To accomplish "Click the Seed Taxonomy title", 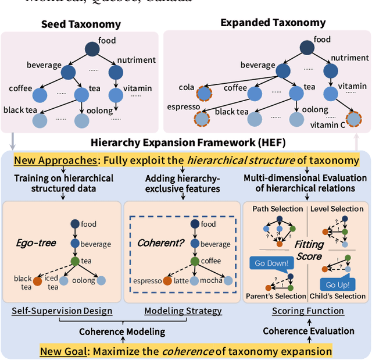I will coord(81,24).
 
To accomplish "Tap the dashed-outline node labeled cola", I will coord(203,94).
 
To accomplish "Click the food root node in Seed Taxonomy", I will coord(92,49).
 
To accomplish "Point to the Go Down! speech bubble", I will coord(271,263).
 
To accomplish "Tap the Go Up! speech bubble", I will coord(337,284).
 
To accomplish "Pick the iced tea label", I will coord(53,282).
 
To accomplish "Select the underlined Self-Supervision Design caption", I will coord(62,311).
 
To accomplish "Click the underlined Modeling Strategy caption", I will coord(183,311).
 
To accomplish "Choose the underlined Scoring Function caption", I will coord(308,311).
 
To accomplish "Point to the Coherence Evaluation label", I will coord(308,331).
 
